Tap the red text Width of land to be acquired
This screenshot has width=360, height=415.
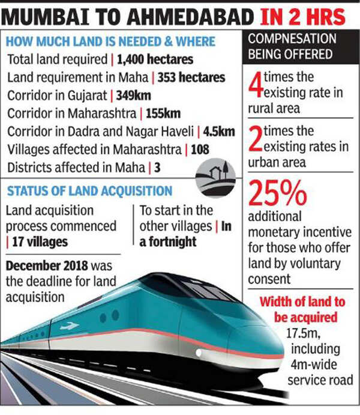[x=302, y=309]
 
